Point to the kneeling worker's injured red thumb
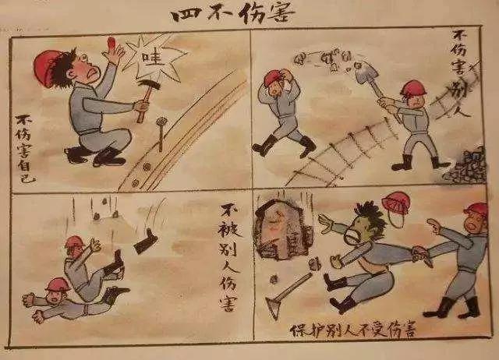115,44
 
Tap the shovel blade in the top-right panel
368,76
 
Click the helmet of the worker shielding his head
273,78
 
